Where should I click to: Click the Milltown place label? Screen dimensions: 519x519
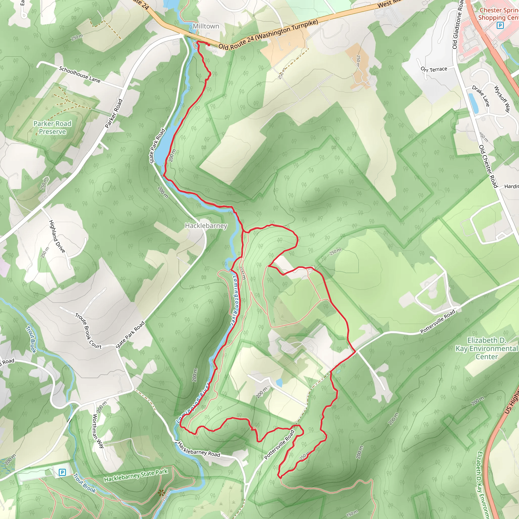pyautogui.click(x=206, y=26)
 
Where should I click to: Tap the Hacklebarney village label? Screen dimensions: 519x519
pyautogui.click(x=206, y=226)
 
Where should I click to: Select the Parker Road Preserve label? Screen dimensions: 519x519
pyautogui.click(x=52, y=128)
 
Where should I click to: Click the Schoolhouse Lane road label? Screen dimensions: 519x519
pyautogui.click(x=80, y=75)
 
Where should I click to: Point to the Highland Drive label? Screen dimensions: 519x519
pyautogui.click(x=57, y=236)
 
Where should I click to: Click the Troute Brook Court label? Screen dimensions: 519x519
pyautogui.click(x=88, y=331)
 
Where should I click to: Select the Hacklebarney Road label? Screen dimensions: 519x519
pyautogui.click(x=199, y=449)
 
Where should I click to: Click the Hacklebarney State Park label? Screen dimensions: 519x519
pyautogui.click(x=136, y=475)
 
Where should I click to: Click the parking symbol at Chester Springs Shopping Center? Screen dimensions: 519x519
pyautogui.click(x=500, y=26)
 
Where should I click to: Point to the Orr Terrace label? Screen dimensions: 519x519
pyautogui.click(x=434, y=69)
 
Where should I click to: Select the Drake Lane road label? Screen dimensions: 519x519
pyautogui.click(x=481, y=96)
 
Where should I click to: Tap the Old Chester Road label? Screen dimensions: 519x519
pyautogui.click(x=488, y=166)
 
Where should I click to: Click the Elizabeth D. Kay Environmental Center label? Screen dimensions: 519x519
pyautogui.click(x=487, y=348)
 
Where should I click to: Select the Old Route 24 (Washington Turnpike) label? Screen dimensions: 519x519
pyautogui.click(x=268, y=34)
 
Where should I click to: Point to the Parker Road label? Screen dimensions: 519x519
pyautogui.click(x=114, y=114)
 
